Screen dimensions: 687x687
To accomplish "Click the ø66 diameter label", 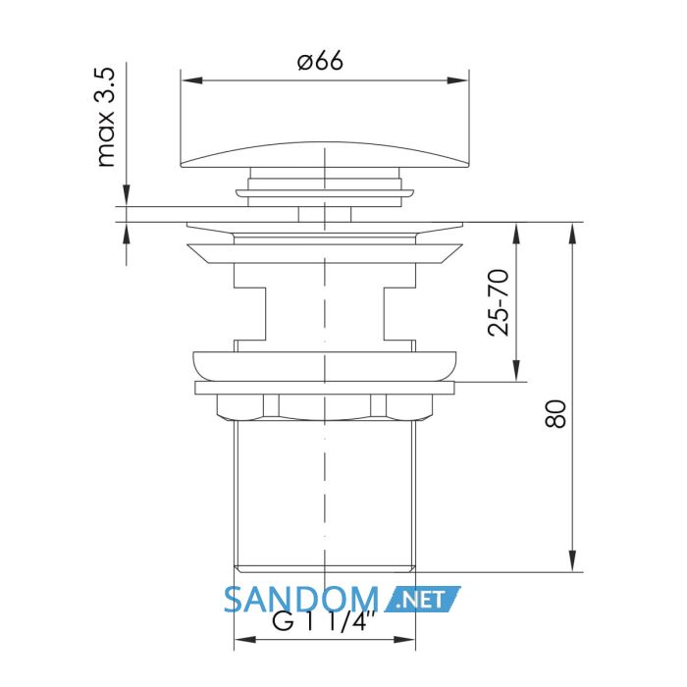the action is (320, 61).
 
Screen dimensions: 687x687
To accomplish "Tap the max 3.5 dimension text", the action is (105, 117).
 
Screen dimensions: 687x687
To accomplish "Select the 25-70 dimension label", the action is (499, 302).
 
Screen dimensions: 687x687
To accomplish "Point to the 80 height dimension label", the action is (555, 413).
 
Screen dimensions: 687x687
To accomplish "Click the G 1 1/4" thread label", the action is (324, 620).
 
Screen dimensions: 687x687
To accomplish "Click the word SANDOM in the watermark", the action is (301, 600).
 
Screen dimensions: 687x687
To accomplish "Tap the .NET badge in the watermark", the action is (422, 599).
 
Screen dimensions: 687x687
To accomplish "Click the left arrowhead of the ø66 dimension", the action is (192, 80).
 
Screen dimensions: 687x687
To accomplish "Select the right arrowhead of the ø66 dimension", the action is (457, 80).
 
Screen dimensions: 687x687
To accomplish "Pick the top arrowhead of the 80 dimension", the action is (572, 234).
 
